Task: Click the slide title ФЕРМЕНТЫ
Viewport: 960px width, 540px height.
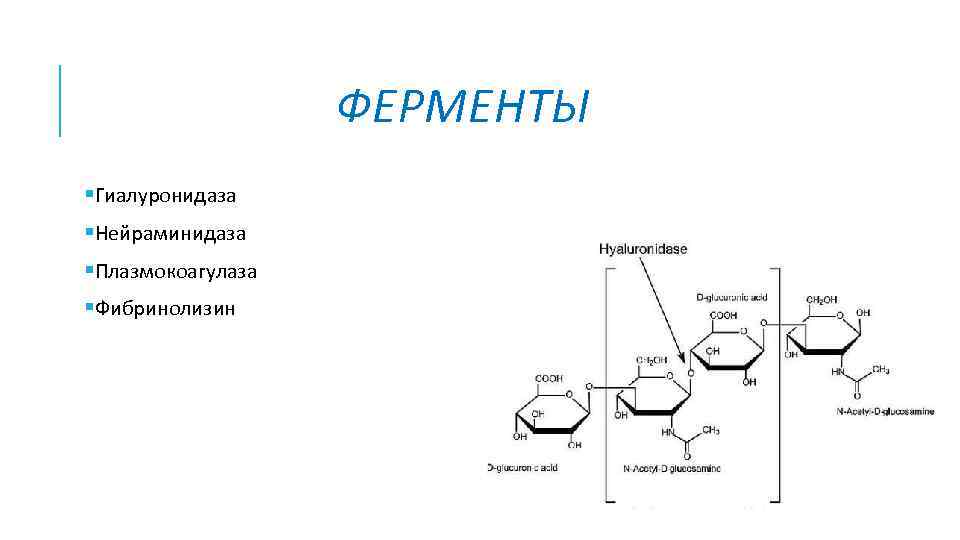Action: tap(464, 108)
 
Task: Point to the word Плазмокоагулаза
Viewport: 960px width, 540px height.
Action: tap(176, 271)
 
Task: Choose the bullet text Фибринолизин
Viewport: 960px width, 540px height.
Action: tap(165, 309)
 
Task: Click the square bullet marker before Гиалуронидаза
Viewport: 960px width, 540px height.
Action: tap(89, 193)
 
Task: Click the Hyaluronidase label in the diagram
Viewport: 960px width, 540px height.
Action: tap(642, 249)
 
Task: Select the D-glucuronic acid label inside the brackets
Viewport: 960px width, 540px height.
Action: tap(731, 298)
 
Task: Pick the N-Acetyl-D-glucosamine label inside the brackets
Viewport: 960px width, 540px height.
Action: tap(672, 468)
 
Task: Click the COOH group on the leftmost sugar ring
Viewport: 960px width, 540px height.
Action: tap(549, 379)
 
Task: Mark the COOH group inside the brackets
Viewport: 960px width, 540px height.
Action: tap(724, 315)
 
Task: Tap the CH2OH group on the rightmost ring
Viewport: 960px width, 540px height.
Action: tap(822, 299)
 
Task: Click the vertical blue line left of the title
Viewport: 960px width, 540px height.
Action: tap(61, 100)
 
